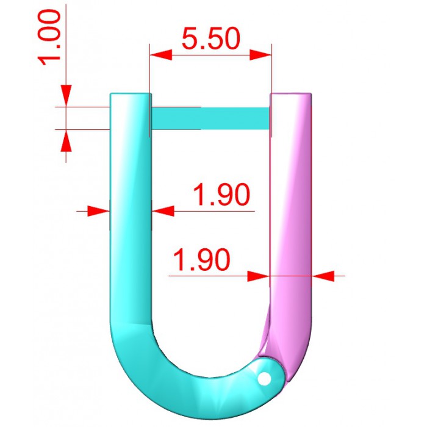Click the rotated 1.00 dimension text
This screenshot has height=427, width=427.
click(49, 37)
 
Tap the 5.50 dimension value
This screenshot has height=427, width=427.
click(211, 38)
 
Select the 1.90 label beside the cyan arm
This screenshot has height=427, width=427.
click(221, 194)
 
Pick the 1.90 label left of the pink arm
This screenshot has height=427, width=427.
click(201, 259)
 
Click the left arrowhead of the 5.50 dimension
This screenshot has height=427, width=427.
click(161, 55)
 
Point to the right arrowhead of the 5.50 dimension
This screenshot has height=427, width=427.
click(260, 55)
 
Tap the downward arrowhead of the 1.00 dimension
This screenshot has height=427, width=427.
click(66, 96)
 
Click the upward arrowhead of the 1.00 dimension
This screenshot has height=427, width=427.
click(66, 140)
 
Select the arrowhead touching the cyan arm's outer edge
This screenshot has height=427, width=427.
click(99, 211)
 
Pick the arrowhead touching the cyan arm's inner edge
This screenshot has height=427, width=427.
click(163, 211)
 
